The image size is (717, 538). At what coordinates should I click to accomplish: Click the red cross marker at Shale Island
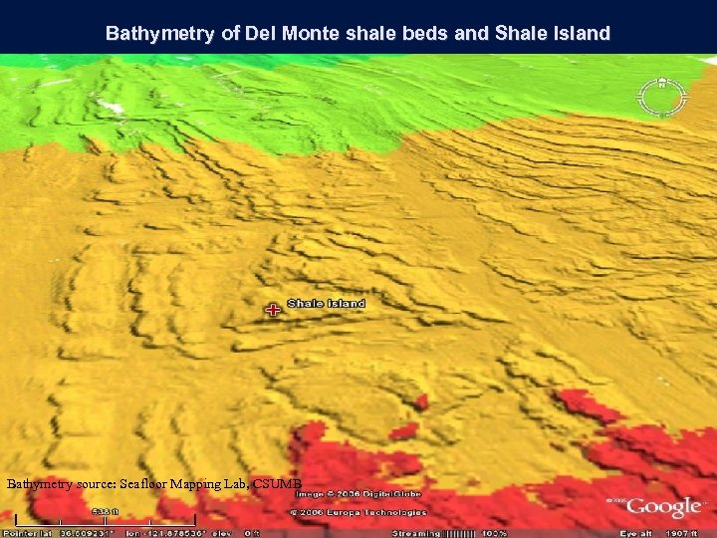(272, 310)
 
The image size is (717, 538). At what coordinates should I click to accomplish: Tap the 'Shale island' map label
(327, 303)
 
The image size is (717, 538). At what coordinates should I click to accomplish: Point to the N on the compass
(662, 82)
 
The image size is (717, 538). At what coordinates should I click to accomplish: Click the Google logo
(663, 508)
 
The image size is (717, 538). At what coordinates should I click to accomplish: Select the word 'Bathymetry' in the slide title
(159, 34)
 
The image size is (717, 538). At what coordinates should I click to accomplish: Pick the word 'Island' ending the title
(580, 34)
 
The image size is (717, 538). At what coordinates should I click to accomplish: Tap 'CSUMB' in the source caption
(277, 484)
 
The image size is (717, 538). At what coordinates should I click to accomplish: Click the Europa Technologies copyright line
(358, 512)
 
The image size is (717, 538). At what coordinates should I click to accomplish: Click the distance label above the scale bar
(103, 512)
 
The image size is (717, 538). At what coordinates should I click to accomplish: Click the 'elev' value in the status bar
(240, 533)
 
